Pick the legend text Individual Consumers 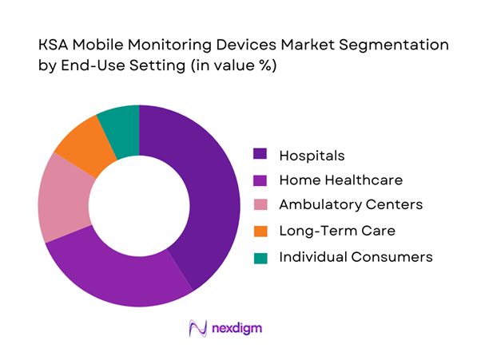(x=356, y=257)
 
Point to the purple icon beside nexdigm (x=196, y=328)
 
